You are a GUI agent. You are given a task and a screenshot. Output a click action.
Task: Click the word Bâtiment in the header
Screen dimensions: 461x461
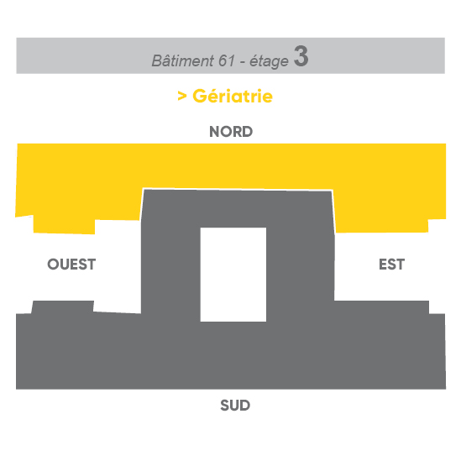click(182, 60)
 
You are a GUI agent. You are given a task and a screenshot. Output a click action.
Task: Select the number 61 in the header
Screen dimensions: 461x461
click(227, 60)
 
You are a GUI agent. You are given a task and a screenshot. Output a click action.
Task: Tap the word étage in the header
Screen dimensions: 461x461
click(269, 62)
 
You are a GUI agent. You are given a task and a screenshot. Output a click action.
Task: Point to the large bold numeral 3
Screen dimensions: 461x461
click(301, 56)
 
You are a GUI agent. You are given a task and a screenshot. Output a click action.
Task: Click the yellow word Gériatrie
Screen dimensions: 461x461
click(233, 96)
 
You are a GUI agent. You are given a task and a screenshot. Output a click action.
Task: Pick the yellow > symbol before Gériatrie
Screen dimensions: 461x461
click(182, 96)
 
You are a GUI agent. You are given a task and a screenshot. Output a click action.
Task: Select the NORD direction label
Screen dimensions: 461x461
click(231, 132)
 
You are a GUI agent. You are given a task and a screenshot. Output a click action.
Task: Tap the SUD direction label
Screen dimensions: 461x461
click(235, 406)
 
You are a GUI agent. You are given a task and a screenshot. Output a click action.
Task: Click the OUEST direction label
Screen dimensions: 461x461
click(71, 265)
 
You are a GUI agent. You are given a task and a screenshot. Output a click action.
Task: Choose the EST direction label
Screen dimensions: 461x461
click(391, 265)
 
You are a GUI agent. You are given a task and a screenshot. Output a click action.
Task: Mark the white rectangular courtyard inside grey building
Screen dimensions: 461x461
click(233, 275)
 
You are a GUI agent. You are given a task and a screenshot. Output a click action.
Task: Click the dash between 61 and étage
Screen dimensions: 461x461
click(243, 62)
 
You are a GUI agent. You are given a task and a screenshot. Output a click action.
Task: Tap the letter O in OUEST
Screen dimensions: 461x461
click(53, 265)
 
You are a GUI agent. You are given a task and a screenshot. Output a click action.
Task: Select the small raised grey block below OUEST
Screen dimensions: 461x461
click(63, 307)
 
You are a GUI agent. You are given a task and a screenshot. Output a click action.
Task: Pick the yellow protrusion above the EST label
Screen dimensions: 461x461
click(381, 226)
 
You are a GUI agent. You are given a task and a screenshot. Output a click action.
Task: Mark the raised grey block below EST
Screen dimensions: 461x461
click(381, 307)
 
